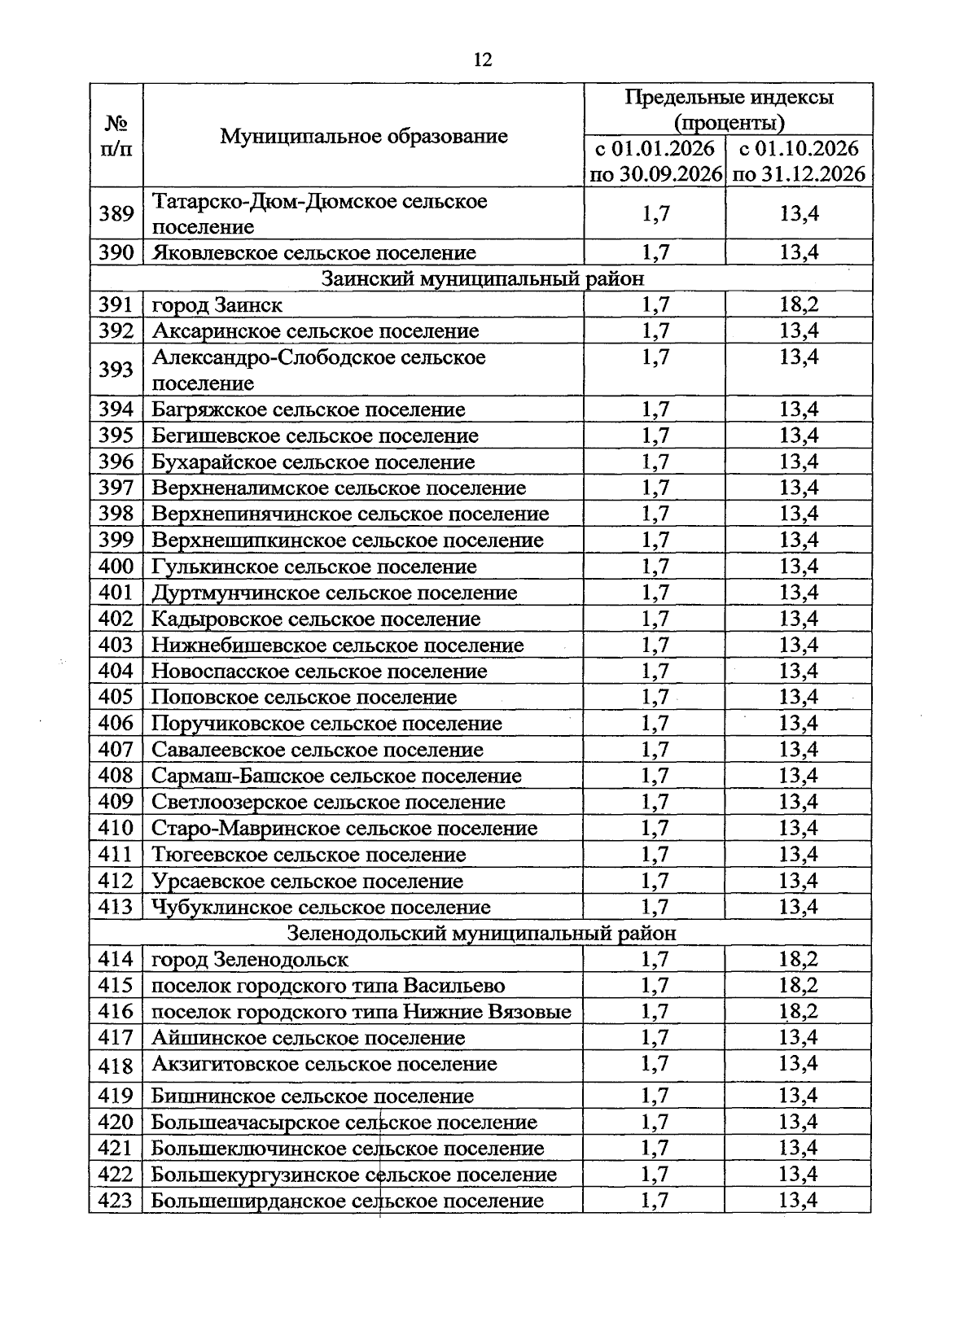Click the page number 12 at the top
481,60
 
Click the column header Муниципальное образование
363,136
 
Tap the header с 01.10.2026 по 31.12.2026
798,161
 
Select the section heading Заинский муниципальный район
482,278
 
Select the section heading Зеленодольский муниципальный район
482,933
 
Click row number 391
116,304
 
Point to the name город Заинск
217,305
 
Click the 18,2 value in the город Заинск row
798,304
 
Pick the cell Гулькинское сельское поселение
314,567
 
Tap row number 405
116,698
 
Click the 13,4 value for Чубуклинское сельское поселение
798,907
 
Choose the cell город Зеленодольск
250,960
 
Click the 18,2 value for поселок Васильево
798,986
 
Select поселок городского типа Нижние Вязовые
361,1012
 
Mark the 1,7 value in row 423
655,1201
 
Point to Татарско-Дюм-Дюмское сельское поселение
320,213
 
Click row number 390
116,252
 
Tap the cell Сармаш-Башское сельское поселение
336,776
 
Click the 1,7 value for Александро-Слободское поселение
655,357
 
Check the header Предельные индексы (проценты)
728,110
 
